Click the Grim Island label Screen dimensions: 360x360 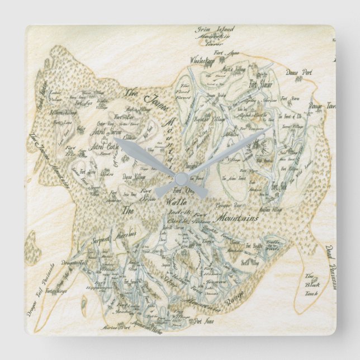point(215,29)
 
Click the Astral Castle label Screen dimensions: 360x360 point(104,147)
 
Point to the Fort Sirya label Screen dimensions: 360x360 point(57,291)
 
